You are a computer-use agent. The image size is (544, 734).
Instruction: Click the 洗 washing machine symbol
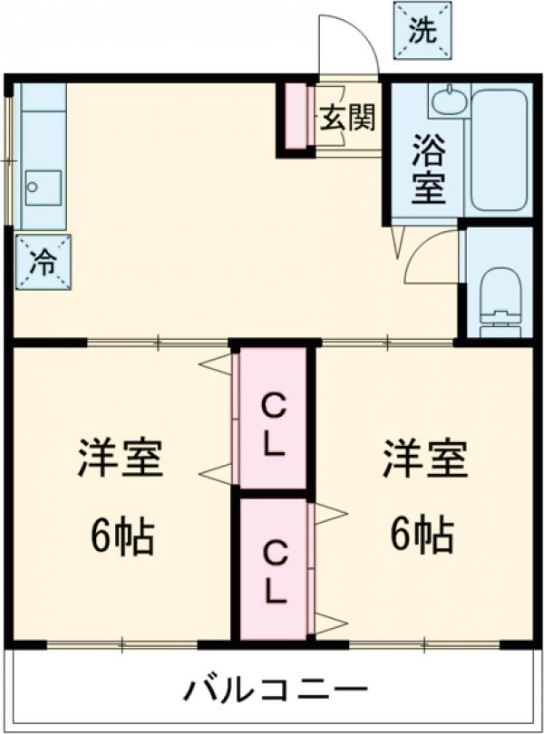pos(422,32)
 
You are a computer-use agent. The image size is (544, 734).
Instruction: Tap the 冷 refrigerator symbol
pos(44,263)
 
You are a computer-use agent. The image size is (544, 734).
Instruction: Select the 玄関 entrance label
pos(345,119)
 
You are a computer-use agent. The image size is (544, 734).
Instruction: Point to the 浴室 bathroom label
pos(428,169)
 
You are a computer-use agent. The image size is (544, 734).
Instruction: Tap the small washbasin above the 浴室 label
pos(450,101)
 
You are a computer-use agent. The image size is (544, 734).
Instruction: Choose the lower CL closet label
pos(274,570)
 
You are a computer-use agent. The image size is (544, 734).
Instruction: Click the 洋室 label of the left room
pos(119,459)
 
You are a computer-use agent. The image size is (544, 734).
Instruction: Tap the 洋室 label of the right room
pos(423,459)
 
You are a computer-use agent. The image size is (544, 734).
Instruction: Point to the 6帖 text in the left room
pos(121,537)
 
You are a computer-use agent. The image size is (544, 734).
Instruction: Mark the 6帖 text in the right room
pos(423,537)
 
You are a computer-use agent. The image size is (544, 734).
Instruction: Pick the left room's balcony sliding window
pos(122,645)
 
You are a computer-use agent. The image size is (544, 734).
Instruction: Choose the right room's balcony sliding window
pos(423,645)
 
